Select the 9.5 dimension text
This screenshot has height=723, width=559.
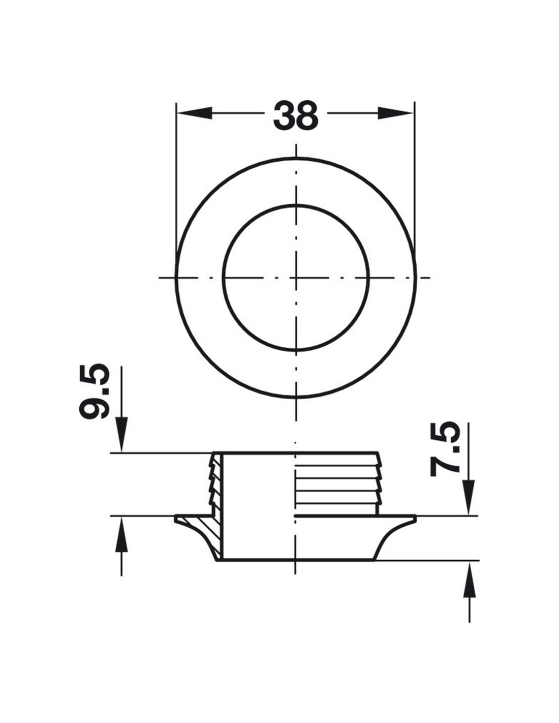(94, 392)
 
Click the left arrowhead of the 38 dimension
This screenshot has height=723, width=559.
(194, 113)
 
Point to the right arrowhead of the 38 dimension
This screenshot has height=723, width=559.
(395, 113)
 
